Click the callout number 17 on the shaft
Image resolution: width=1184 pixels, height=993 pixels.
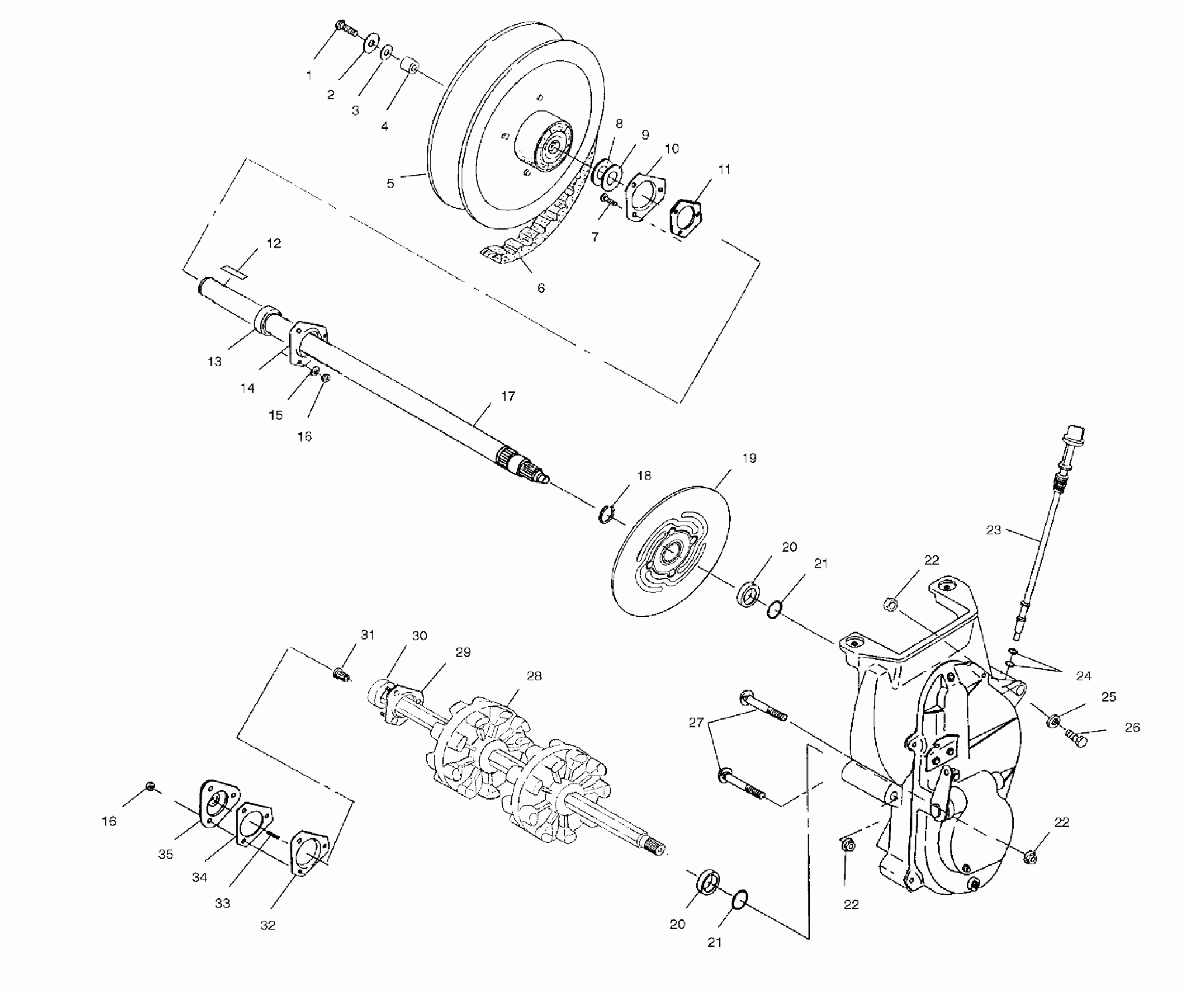[508, 396]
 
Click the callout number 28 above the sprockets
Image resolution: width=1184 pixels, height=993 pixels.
[534, 676]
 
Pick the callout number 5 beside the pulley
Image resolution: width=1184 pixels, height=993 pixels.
[390, 183]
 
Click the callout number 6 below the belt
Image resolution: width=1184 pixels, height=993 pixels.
[541, 288]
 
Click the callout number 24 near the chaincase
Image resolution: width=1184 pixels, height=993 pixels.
[1083, 676]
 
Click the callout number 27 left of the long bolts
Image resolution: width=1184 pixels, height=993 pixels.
[695, 723]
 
